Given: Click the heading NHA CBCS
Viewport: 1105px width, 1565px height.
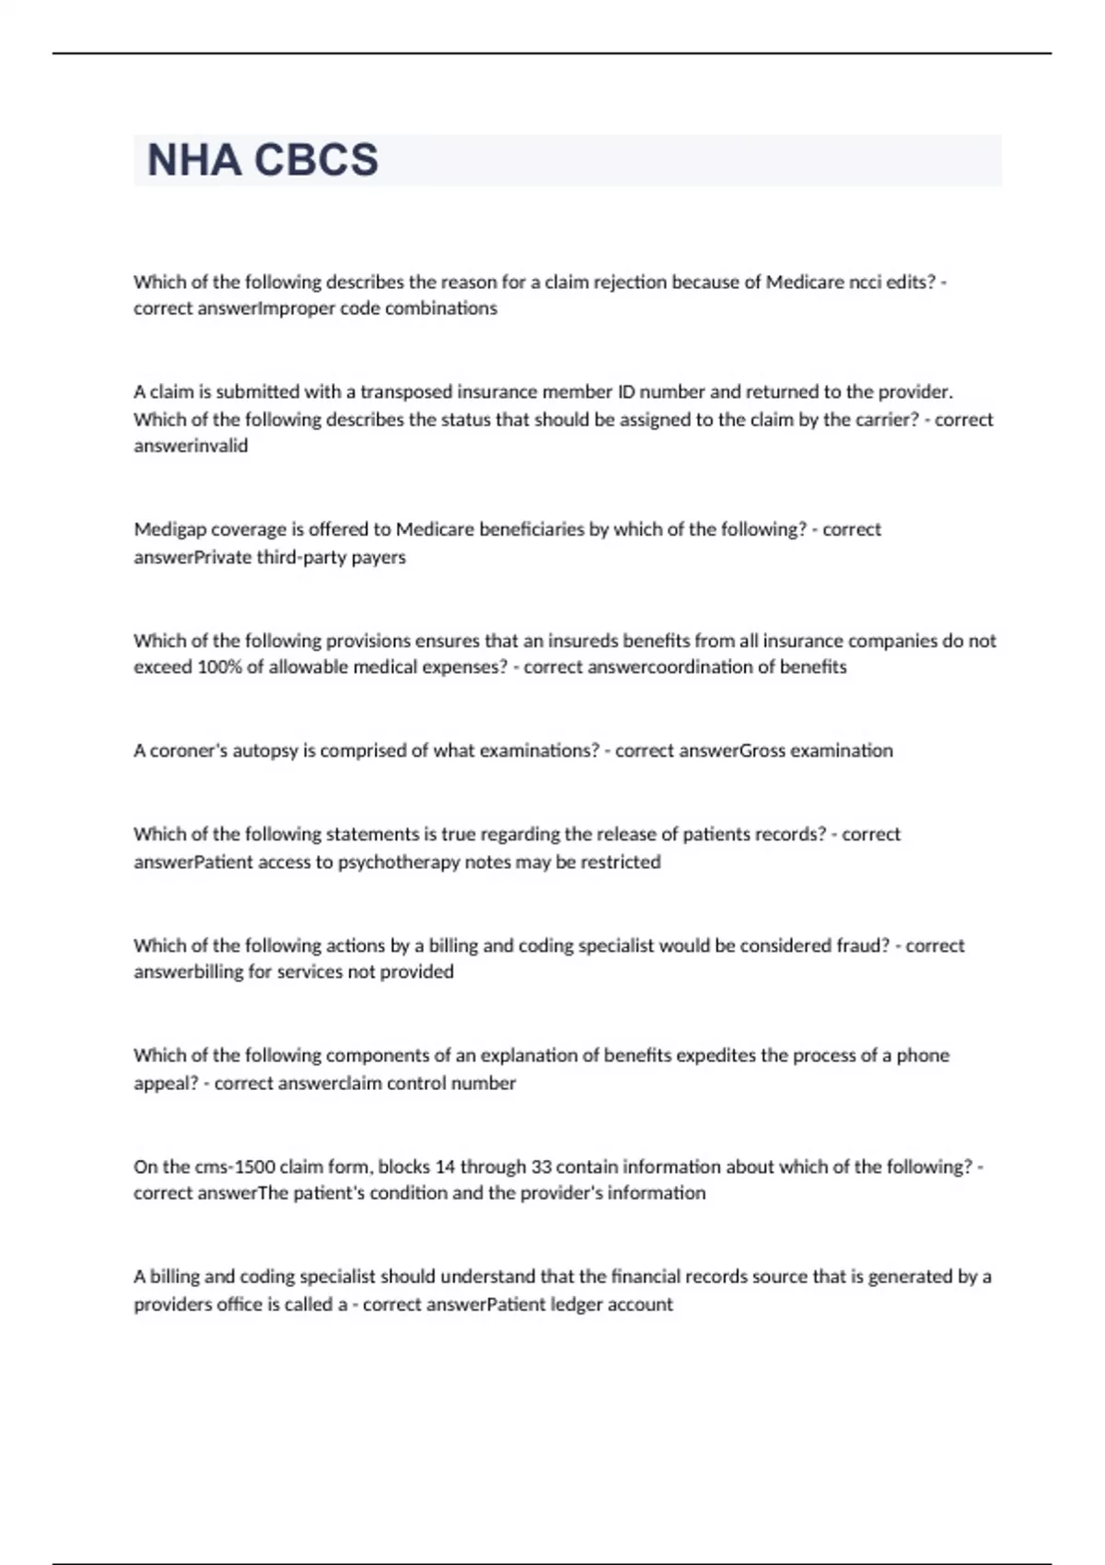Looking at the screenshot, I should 262,160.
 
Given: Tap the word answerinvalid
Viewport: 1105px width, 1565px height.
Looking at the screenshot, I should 191,446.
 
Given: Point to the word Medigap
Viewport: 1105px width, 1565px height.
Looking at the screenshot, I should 170,530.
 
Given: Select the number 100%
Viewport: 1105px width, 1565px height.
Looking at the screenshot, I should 219,667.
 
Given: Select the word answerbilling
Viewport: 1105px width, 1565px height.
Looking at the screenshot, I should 189,972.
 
